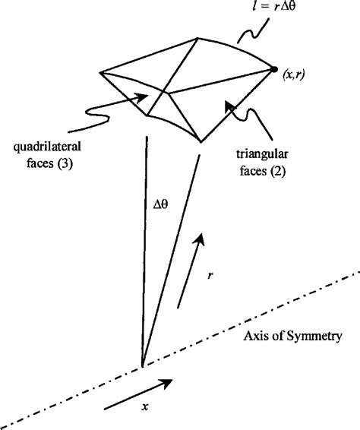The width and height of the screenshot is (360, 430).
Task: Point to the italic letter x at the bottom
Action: [144, 406]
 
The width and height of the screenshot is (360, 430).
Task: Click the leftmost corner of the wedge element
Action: [100, 72]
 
